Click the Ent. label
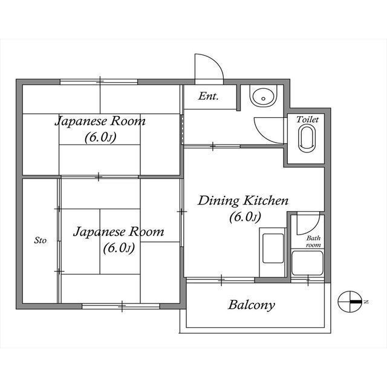coord(209,96)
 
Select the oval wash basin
coord(262,96)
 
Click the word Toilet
coord(307,120)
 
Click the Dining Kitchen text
coord(244,201)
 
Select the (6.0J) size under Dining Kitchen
coord(244,217)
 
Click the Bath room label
coord(313,242)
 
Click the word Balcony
coord(251,305)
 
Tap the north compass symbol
coord(351,299)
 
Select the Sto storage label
coord(40,241)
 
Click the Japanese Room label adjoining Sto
coord(119,232)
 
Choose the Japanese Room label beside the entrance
coord(100,121)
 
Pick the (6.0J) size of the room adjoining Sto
coord(119,248)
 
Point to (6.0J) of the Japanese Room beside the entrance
coord(100,137)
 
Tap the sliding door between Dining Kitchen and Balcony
coord(221,279)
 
